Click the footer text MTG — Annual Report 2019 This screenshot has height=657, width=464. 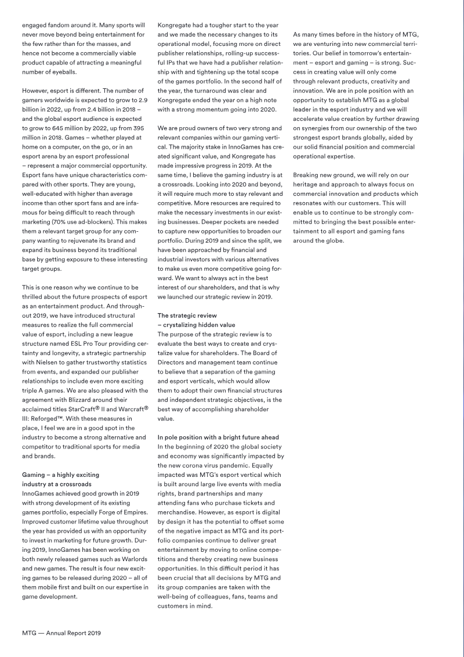click(61, 633)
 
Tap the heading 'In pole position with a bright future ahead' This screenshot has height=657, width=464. click(218, 437)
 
